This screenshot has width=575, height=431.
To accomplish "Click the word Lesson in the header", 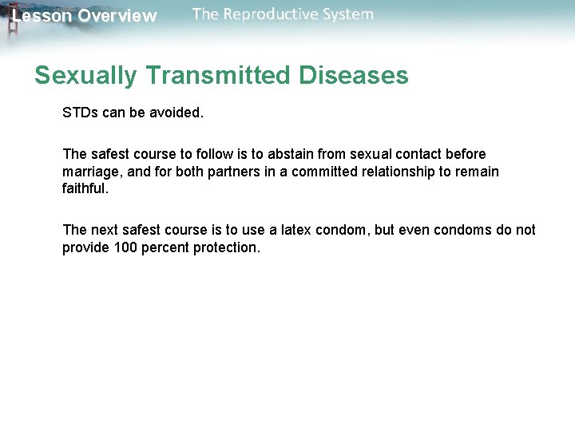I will pos(42,16).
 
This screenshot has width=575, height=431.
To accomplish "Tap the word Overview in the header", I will pos(117,16).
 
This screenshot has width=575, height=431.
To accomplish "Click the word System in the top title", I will pos(346,14).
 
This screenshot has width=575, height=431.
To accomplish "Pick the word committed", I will pos(307,172).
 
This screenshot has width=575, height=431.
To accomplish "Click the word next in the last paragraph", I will pos(105,230).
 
